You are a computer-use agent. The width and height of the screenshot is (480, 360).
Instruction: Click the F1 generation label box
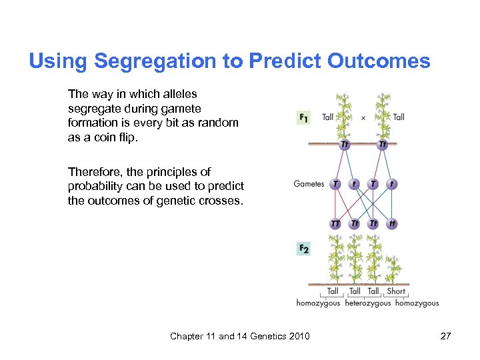point(303,118)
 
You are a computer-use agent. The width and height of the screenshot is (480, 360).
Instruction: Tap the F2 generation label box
point(303,249)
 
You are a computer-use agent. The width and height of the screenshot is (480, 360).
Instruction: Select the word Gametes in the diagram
point(309,184)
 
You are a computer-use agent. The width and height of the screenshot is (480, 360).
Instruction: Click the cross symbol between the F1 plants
point(363,118)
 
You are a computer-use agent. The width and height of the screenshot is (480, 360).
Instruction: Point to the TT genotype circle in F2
point(335,224)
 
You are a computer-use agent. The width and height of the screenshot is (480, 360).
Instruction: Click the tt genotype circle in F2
point(392,224)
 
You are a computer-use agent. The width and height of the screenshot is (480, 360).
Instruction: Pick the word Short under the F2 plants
point(396,291)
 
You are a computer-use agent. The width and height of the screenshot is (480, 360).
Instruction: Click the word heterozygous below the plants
point(368,303)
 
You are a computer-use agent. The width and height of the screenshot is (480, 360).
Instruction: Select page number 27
point(445,336)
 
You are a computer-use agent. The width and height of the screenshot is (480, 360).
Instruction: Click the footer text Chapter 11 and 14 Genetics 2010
point(240,336)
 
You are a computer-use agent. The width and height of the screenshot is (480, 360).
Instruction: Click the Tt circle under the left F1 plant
point(345,144)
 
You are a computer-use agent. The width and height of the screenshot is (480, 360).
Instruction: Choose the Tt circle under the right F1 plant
point(382,144)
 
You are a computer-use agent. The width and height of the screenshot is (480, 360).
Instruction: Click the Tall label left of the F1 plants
point(327,117)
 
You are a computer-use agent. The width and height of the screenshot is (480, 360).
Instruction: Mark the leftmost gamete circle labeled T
point(335,184)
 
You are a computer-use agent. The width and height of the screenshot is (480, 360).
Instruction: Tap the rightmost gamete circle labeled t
point(392,184)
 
